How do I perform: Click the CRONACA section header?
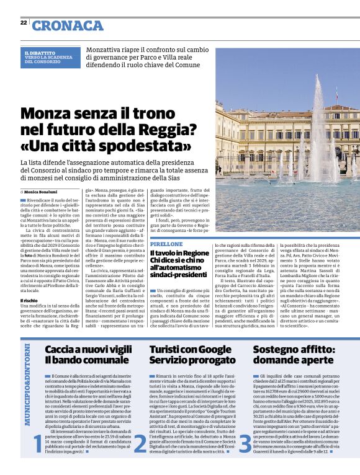tap(68, 25)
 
